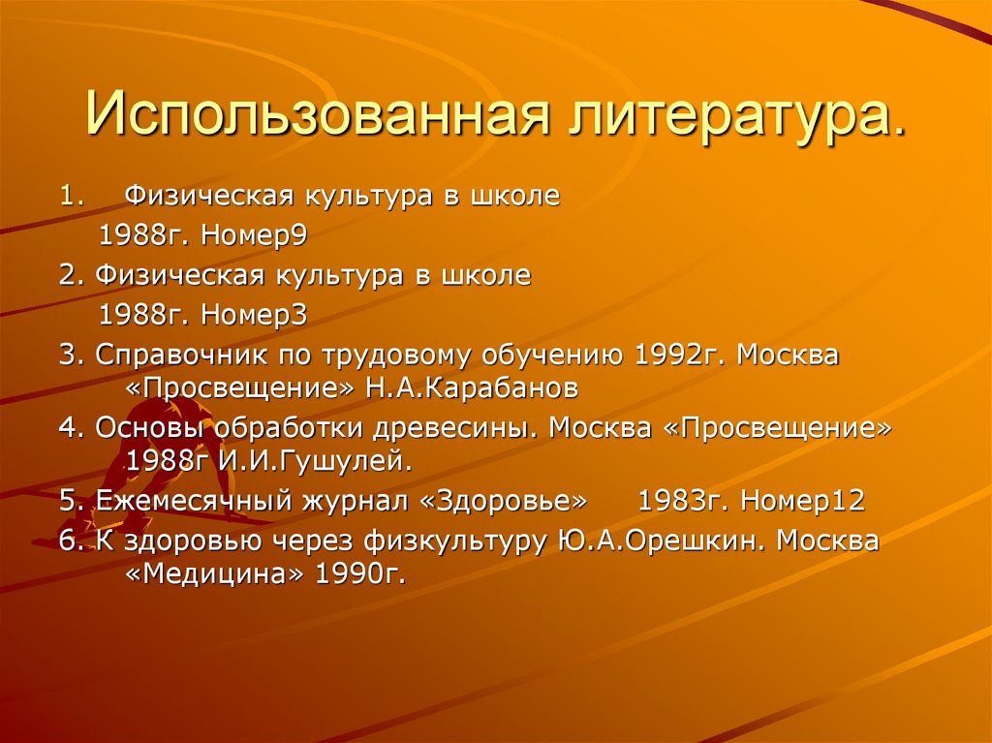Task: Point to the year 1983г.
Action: click(683, 503)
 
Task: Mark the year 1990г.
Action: click(357, 574)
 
